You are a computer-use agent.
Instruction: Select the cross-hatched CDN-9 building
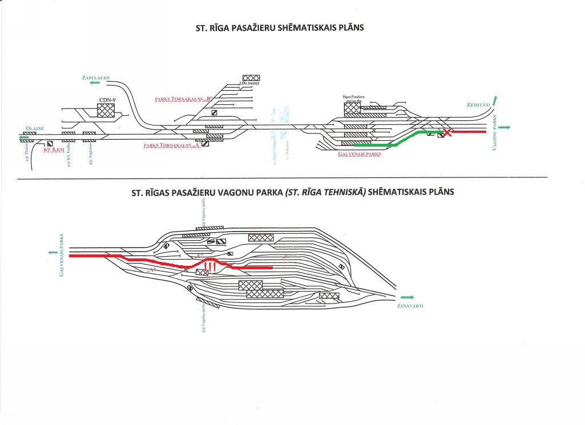[x=106, y=110]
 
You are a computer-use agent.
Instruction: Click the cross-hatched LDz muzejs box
[x=251, y=78]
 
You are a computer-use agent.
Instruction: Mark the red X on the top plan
[x=449, y=133]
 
